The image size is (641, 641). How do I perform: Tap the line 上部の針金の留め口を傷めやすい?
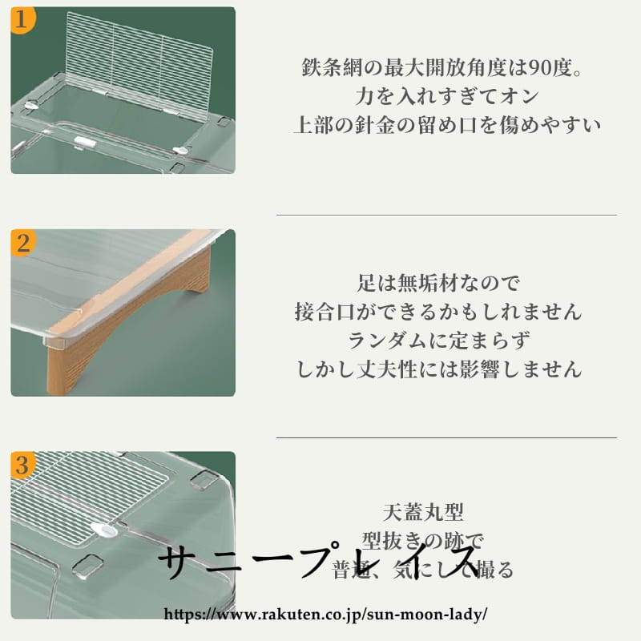point(446,126)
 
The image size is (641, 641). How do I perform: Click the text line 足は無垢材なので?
point(438,282)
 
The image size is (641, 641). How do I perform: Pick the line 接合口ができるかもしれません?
point(438,311)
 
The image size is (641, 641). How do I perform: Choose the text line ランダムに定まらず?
point(438,340)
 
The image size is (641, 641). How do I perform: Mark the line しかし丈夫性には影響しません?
point(438,369)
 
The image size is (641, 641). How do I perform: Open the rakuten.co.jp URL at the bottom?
point(325,615)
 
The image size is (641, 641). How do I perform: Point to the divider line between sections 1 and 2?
point(446,215)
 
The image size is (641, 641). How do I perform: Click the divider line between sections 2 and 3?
point(446,437)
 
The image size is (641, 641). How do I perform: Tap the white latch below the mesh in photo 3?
point(103,529)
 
